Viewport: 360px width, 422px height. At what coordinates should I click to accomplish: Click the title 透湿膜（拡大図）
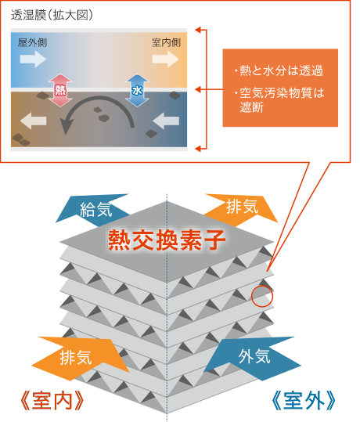pos(52,15)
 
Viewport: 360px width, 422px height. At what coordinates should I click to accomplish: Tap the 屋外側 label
pos(32,42)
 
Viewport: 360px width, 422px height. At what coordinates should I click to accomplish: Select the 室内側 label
pos(166,42)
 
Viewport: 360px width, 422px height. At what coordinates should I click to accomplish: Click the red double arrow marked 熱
pos(60,91)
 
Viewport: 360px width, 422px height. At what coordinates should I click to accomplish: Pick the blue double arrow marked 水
pos(137,91)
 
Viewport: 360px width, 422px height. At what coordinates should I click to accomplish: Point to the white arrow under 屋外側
pos(33,59)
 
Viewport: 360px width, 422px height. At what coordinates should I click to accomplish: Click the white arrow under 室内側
pos(165,59)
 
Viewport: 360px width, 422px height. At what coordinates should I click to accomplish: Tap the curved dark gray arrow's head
pos(67,127)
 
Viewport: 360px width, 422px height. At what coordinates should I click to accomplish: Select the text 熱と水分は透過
pos(281,70)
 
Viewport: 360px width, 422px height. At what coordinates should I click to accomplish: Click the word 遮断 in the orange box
pos(251,107)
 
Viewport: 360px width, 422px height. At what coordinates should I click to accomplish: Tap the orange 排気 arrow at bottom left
pos(81,358)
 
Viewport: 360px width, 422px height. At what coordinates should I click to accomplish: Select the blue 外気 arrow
pos(251,357)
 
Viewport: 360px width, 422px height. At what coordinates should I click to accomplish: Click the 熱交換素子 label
pos(167,240)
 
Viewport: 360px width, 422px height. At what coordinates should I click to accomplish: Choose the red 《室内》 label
pos(52,401)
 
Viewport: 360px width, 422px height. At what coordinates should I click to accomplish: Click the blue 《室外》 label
pos(304,401)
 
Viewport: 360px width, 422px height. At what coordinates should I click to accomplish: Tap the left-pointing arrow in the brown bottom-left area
pos(33,121)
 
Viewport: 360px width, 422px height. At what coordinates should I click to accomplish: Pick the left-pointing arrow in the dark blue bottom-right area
pos(166,121)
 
